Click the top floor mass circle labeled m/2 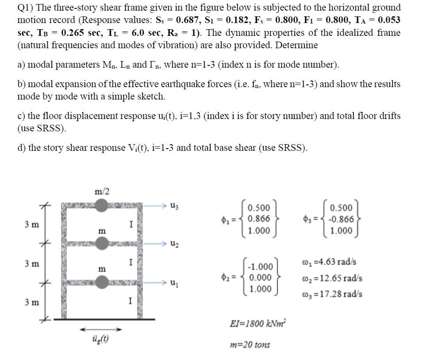point(102,206)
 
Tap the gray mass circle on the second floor point(102,243)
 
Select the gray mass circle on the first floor point(102,282)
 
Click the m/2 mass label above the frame point(102,191)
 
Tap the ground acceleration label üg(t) point(102,340)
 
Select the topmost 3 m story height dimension point(31,224)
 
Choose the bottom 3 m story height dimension point(31,303)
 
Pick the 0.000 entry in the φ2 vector point(260,278)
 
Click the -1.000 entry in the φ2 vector point(260,267)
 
